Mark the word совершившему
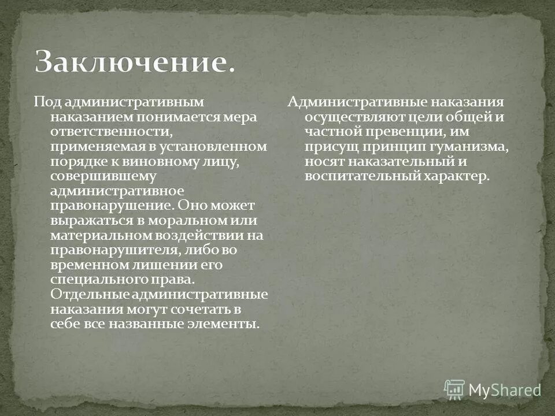click(91, 176)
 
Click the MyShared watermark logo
click(493, 389)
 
